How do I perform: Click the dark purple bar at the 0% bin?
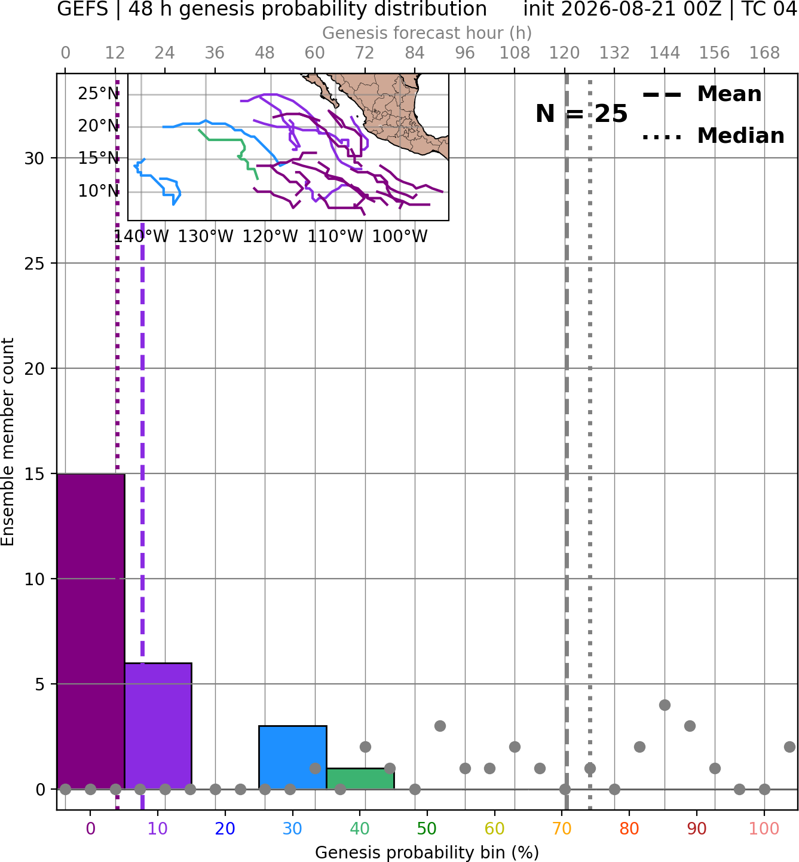(x=91, y=631)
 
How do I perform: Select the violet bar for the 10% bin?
(x=158, y=726)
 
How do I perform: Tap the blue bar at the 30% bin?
(x=293, y=758)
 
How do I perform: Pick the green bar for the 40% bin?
(x=360, y=779)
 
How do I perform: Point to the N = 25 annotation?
(x=581, y=114)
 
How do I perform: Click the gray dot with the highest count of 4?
(x=665, y=705)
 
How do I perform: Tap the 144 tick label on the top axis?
(x=665, y=53)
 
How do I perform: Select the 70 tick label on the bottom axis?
(x=562, y=829)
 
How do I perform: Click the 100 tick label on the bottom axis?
(x=764, y=829)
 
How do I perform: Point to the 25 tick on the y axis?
(x=35, y=264)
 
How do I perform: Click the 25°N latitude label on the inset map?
(x=99, y=93)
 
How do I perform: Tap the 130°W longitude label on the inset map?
(x=206, y=237)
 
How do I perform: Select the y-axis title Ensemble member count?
(x=7, y=442)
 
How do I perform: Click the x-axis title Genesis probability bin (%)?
(x=427, y=852)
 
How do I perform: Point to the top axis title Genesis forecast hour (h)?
(x=427, y=33)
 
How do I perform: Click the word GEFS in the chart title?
(x=82, y=9)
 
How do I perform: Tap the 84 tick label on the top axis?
(x=415, y=53)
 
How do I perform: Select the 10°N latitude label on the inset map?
(x=99, y=191)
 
